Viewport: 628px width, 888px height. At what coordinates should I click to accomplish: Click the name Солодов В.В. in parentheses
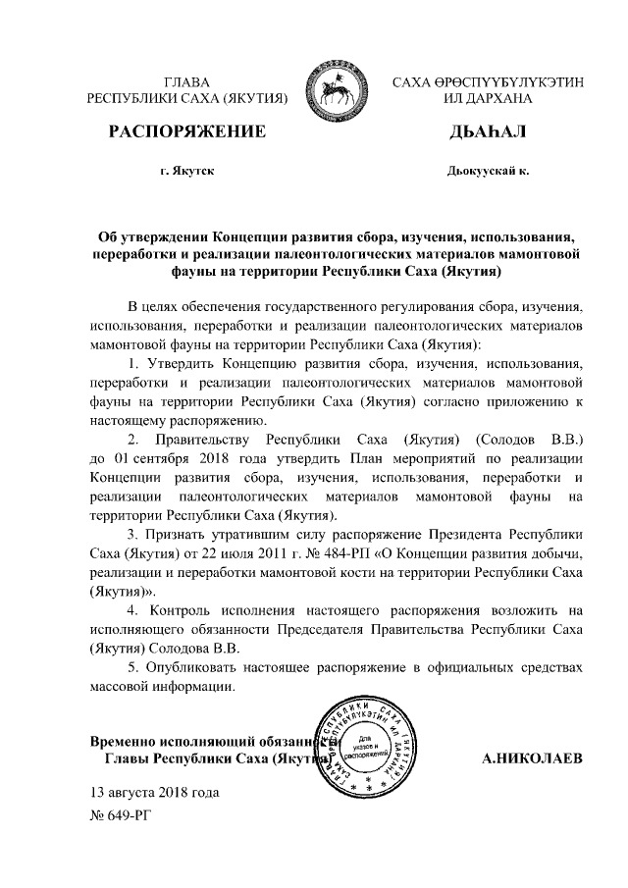pyautogui.click(x=515, y=440)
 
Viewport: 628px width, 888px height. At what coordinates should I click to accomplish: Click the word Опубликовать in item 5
pyautogui.click(x=188, y=667)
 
